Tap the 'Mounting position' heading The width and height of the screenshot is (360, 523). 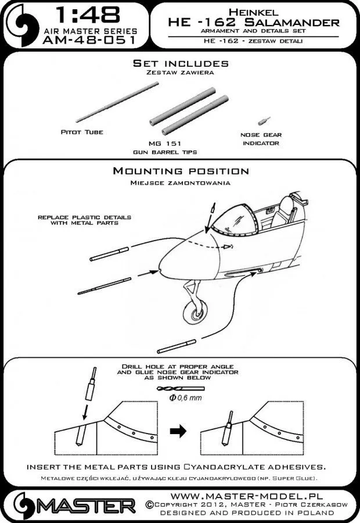point(180,171)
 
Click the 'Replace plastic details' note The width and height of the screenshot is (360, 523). point(84,220)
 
